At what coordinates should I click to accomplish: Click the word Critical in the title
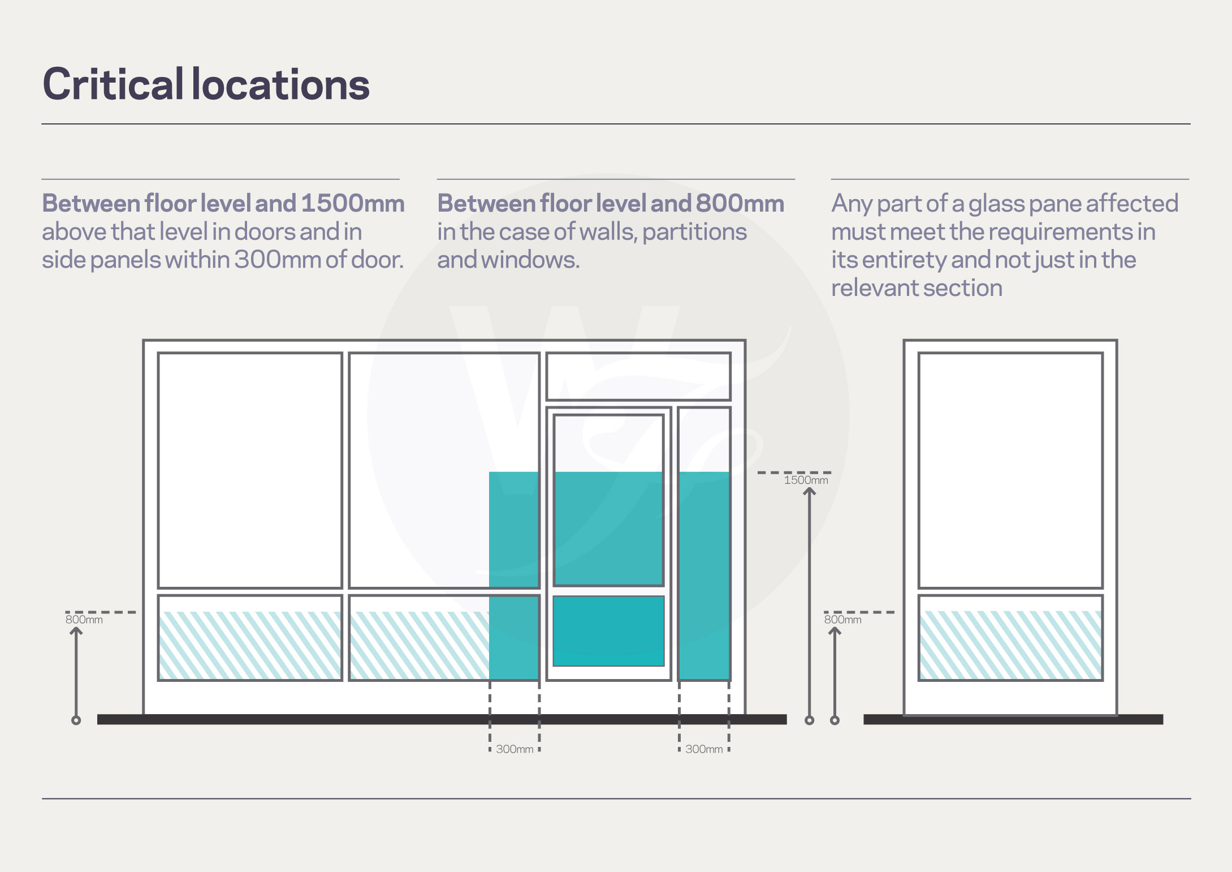point(113,84)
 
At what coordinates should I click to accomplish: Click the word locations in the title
point(281,84)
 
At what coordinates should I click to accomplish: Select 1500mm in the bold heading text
point(353,203)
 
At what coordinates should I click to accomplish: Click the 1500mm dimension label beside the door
point(806,480)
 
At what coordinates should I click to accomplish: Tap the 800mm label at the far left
point(84,620)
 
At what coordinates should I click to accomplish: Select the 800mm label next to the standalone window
point(842,620)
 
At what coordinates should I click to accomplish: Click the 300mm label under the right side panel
point(704,749)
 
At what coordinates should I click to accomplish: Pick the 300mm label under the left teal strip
point(515,749)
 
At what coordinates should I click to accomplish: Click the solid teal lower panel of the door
point(608,631)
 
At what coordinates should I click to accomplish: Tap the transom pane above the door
point(638,376)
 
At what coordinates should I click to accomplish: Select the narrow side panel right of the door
point(704,543)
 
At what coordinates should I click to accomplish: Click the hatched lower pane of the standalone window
point(1010,645)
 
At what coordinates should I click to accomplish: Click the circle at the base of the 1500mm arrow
point(810,720)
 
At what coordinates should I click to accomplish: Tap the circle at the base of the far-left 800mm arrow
point(76,720)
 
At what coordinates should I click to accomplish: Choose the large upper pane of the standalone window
point(1010,470)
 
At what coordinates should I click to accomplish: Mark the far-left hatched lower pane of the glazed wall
point(250,645)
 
